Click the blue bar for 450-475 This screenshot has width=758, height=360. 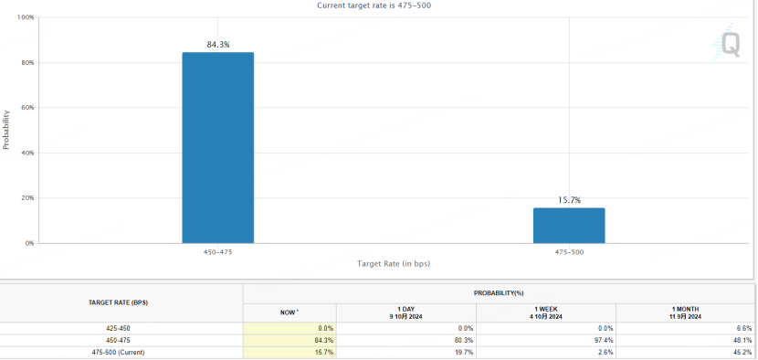click(x=217, y=147)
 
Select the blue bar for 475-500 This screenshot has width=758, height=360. click(x=569, y=226)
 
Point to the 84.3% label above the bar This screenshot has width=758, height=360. click(x=218, y=44)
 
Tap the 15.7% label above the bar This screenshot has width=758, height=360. click(x=569, y=200)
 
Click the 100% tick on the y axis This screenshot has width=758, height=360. click(x=25, y=17)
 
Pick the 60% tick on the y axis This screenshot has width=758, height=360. click(x=26, y=108)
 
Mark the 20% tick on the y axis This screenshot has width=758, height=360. click(x=26, y=198)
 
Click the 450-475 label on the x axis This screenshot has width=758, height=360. click(x=218, y=251)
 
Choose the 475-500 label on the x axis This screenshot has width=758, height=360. click(x=569, y=251)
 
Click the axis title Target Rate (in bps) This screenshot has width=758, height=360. click(x=393, y=264)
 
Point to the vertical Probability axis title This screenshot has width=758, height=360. click(x=6, y=131)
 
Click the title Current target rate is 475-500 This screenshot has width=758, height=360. click(x=375, y=5)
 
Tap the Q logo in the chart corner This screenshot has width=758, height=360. click(x=730, y=44)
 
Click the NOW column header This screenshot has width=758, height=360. click(x=289, y=312)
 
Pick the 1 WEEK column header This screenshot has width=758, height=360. click(x=546, y=312)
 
